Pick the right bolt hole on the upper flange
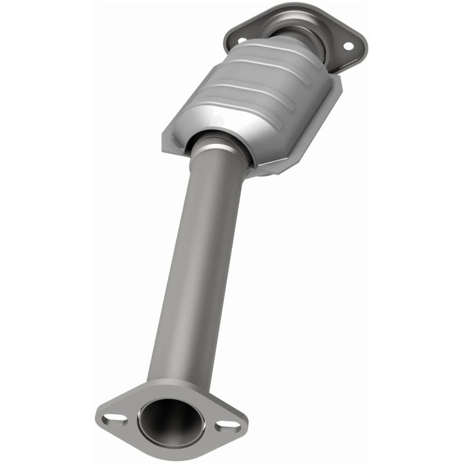(348, 46)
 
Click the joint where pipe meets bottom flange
(174, 383)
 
